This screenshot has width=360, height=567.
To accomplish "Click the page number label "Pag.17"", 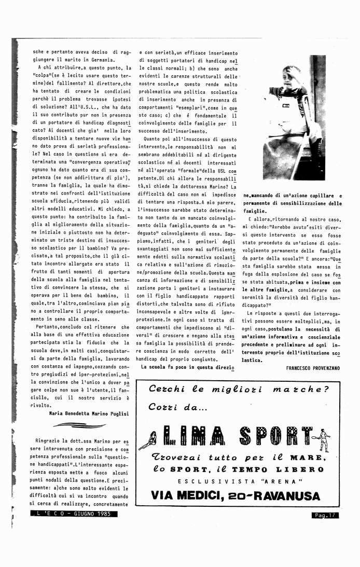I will point(325,515).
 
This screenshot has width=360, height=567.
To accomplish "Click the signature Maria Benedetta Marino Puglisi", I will point(89,413).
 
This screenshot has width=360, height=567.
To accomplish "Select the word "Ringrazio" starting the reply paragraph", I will point(50,441).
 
